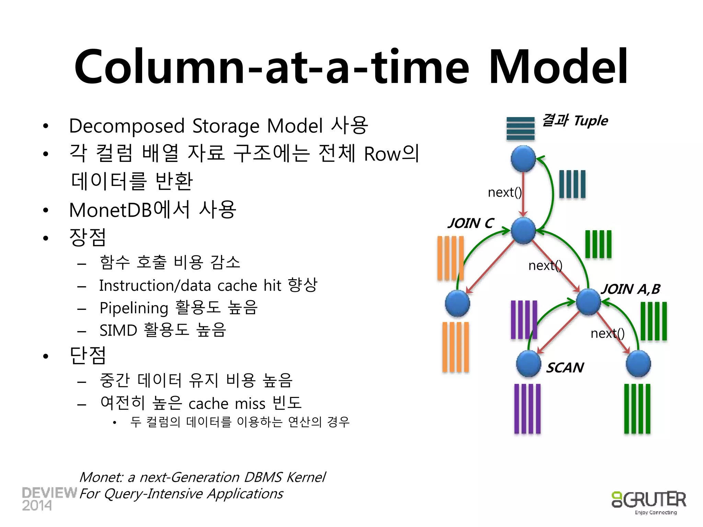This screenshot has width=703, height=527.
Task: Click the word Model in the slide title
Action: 558,67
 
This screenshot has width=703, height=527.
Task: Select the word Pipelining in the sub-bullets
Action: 134,308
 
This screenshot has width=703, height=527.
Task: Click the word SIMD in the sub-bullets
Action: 118,330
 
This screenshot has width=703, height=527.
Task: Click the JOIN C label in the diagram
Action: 471,223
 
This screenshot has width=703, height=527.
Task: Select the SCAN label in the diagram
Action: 565,368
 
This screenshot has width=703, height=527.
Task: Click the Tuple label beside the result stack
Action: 591,121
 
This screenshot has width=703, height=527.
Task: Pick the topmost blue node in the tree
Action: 523,159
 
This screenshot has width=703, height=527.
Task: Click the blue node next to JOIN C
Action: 523,231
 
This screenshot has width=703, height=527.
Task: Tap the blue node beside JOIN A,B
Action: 588,302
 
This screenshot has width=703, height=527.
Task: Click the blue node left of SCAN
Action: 529,364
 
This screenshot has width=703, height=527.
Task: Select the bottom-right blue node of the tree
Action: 638,364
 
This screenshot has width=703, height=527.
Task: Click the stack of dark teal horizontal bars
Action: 520,128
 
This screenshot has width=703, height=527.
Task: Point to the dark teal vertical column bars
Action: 572,184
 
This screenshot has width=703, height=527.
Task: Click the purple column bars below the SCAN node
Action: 527,408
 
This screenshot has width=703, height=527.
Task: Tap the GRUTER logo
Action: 649,501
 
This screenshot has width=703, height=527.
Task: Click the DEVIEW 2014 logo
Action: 49,499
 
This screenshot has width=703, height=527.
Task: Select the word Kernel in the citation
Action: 306,477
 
